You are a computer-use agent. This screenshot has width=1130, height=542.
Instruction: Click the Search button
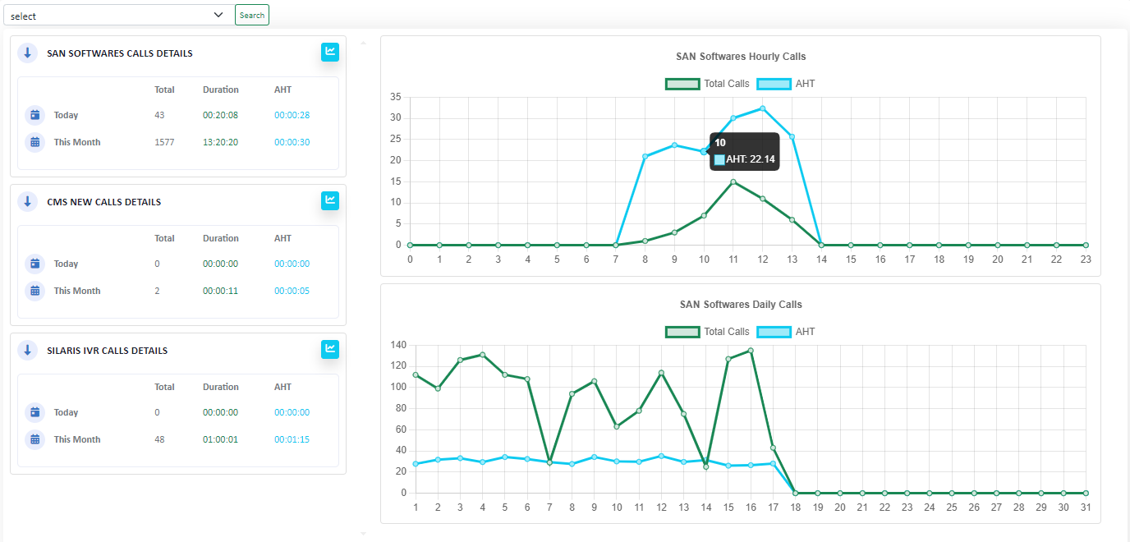click(252, 15)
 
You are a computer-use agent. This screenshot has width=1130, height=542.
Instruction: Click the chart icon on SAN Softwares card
click(329, 52)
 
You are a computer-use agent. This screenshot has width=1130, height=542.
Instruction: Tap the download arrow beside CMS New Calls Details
click(27, 201)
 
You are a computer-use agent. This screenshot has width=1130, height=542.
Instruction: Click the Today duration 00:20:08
click(220, 115)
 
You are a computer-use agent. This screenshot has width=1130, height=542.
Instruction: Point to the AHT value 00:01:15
click(292, 439)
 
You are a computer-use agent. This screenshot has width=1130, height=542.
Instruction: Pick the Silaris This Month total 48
click(159, 439)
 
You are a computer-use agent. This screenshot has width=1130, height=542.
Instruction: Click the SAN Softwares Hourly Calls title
click(741, 57)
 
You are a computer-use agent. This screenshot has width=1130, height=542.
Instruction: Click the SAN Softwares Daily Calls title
click(741, 305)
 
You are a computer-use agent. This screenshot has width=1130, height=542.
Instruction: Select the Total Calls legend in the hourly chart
click(707, 84)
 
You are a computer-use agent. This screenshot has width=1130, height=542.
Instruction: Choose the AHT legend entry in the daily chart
click(786, 332)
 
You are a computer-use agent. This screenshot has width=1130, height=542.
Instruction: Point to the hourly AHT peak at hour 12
click(762, 108)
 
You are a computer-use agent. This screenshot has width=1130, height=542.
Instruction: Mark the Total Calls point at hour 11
click(733, 181)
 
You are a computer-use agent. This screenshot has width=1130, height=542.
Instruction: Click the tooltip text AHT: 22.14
click(751, 159)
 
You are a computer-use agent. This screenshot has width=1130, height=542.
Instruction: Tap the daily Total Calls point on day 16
click(751, 351)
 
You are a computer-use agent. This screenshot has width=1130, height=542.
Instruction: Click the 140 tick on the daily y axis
click(397, 345)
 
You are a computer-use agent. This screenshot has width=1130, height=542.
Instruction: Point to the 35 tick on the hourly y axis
click(396, 97)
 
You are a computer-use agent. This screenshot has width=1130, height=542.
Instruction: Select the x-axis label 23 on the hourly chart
click(1086, 259)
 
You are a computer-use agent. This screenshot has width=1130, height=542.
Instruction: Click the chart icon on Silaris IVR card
click(329, 349)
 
